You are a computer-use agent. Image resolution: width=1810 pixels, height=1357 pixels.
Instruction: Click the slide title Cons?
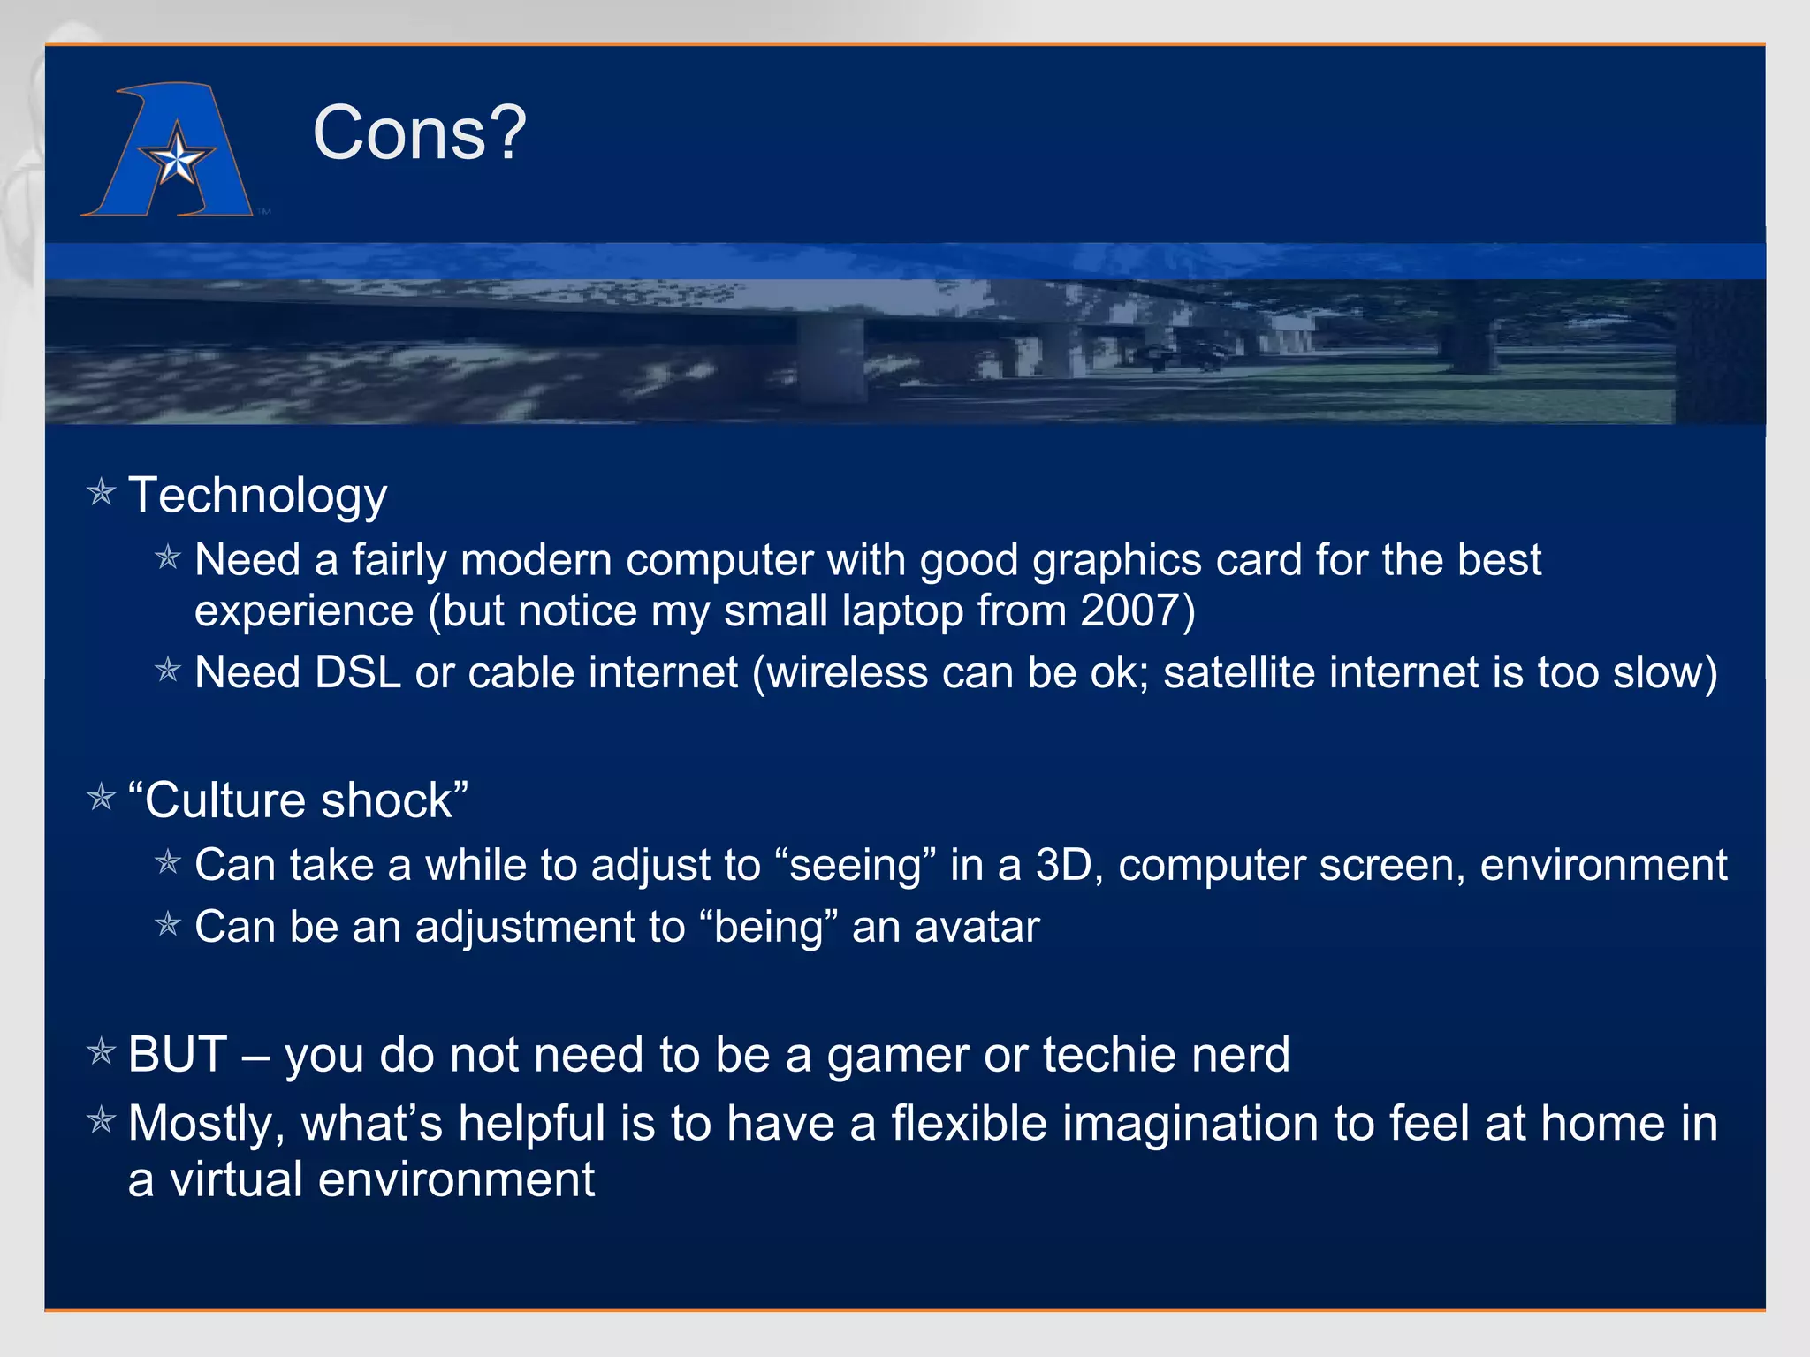(419, 133)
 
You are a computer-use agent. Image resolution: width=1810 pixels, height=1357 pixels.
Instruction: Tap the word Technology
(257, 495)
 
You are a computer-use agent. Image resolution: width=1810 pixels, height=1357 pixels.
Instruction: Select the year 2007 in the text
(1129, 610)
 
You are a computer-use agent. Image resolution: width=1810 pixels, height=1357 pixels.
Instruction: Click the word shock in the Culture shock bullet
(386, 800)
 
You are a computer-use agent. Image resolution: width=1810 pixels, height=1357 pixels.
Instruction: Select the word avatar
(977, 928)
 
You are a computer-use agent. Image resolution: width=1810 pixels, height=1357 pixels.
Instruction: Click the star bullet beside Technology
(102, 492)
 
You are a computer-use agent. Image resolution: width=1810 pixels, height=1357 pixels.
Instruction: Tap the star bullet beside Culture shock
(102, 798)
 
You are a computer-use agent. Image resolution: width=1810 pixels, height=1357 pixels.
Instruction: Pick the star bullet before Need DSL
(168, 671)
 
